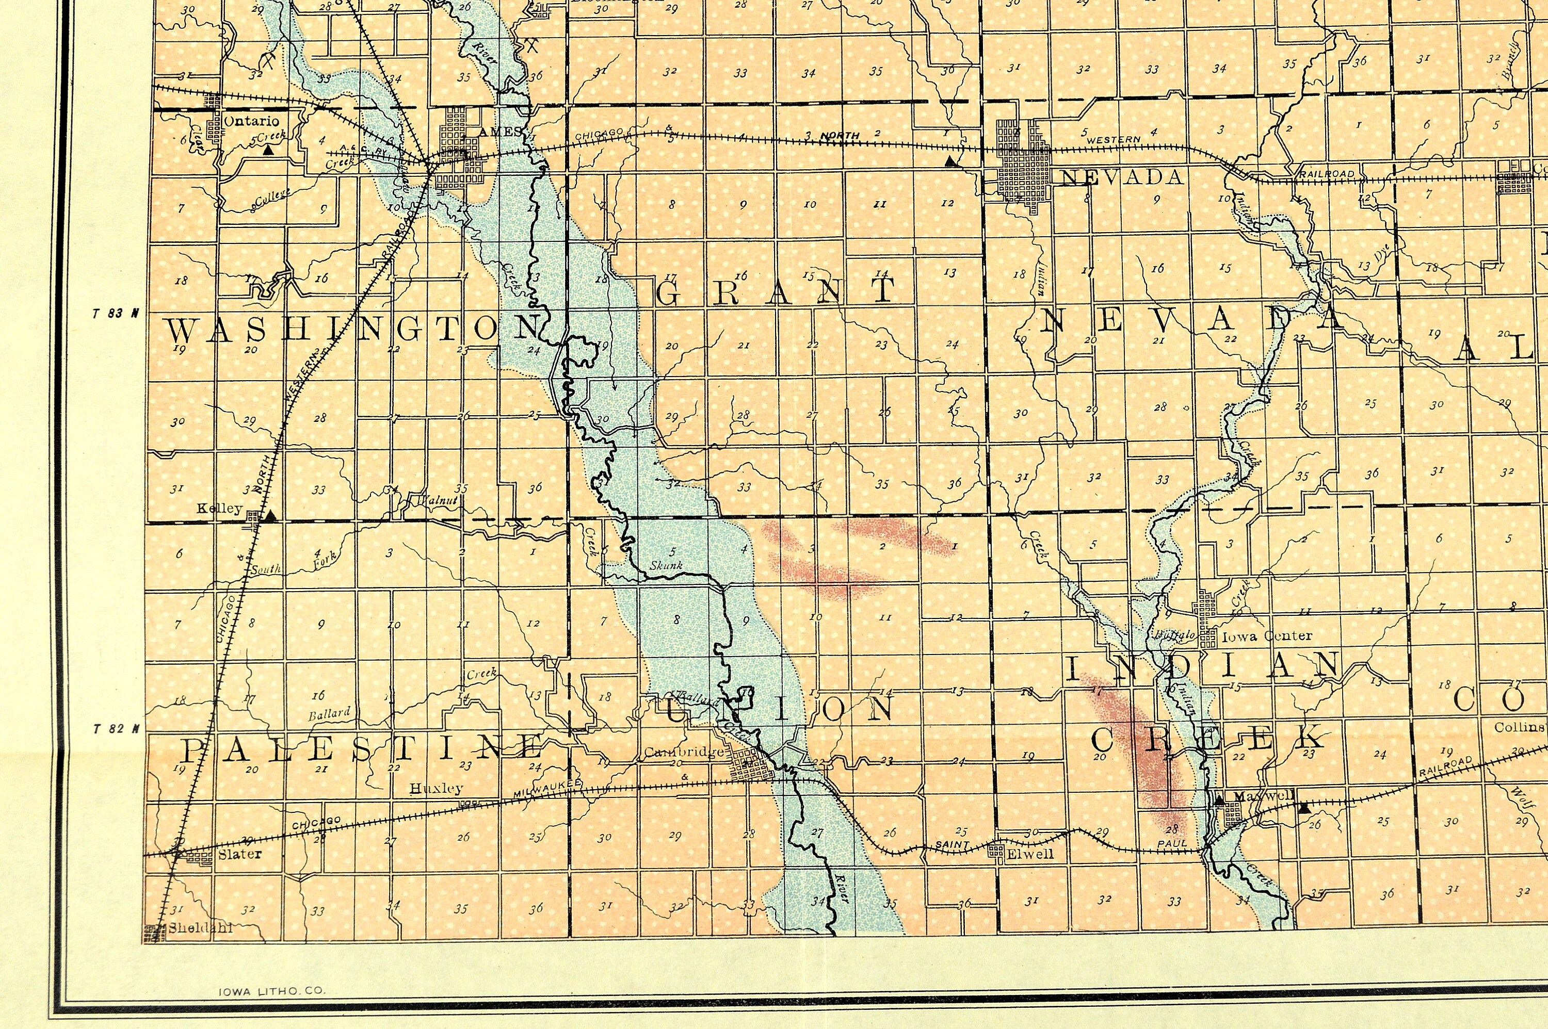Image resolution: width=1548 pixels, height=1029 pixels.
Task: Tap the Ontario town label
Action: coord(251,121)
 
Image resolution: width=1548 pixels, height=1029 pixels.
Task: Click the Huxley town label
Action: coord(436,788)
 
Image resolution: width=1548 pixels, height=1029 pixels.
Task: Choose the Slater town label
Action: coord(239,854)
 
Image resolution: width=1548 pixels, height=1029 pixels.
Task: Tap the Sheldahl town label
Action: coord(200,928)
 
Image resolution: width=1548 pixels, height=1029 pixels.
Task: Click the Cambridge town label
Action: coord(683,752)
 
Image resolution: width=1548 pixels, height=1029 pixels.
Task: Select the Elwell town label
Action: coord(1030,854)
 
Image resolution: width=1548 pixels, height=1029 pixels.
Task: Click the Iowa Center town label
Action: coord(1267,635)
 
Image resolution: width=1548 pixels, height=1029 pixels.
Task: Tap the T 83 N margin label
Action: coord(116,314)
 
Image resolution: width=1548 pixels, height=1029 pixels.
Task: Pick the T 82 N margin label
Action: coord(116,728)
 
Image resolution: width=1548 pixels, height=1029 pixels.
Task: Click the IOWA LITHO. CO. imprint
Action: coord(271,991)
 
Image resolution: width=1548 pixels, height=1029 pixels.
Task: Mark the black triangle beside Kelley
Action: coord(270,516)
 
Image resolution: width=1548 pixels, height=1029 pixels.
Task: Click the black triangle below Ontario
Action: coord(268,150)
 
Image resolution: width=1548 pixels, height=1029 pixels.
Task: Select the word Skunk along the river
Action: coord(666,565)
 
